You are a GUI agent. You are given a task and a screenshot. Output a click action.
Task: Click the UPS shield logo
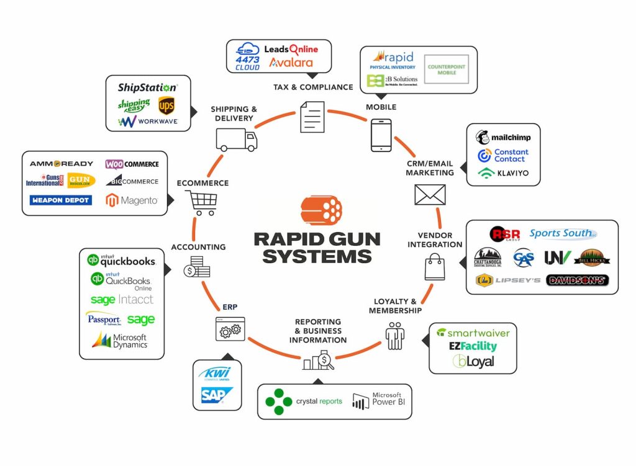(x=166, y=105)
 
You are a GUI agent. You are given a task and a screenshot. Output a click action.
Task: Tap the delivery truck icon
(x=236, y=140)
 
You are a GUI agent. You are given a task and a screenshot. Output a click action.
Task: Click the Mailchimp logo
(x=503, y=137)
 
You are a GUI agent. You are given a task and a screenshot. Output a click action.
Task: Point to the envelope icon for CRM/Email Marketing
(x=430, y=195)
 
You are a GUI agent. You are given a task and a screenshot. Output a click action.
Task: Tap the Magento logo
(x=132, y=200)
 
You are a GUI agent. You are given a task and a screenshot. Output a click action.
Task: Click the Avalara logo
(x=291, y=63)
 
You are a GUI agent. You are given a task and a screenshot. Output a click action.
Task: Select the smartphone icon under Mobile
(x=381, y=135)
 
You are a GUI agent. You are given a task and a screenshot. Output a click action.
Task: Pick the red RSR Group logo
(x=504, y=234)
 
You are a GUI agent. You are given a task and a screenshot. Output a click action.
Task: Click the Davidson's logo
(x=577, y=280)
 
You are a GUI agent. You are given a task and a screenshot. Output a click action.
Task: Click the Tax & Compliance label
(x=313, y=87)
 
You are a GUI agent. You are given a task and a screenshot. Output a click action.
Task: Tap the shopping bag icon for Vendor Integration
(x=434, y=269)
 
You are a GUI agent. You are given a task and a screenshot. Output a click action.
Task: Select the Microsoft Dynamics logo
(x=120, y=340)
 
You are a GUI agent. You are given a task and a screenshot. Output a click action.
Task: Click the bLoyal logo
(x=473, y=361)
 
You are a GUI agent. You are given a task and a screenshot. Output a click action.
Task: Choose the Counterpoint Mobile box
(x=446, y=69)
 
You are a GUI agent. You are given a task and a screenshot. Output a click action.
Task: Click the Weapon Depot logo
(x=60, y=200)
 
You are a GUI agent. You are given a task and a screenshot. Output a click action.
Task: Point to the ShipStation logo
(x=148, y=87)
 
